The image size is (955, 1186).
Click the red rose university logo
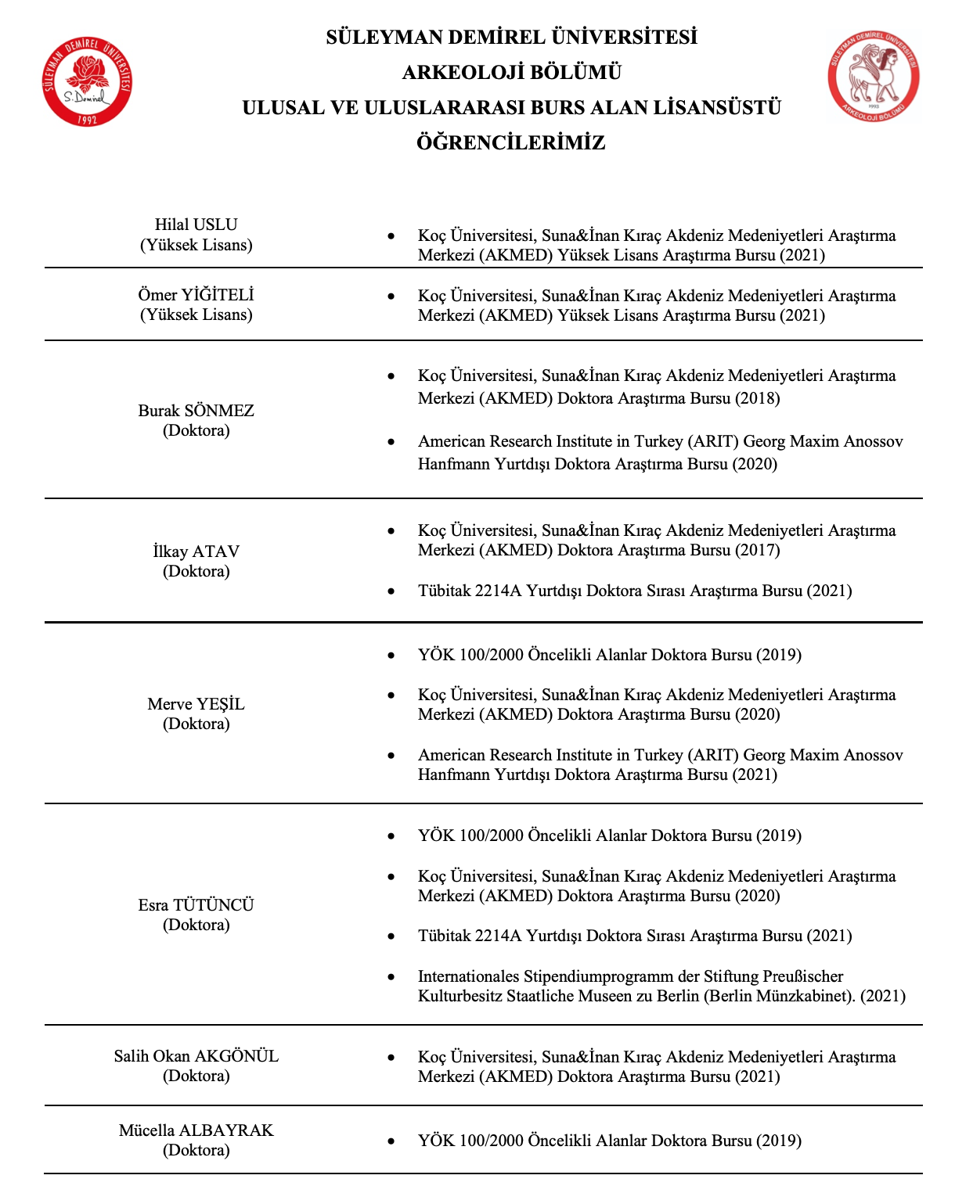[86, 81]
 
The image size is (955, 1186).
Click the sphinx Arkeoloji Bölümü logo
[873, 77]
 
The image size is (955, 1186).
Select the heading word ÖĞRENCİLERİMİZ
[511, 143]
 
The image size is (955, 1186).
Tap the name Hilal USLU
[196, 225]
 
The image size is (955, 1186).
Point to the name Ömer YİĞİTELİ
[196, 295]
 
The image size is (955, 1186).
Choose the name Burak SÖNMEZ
[196, 411]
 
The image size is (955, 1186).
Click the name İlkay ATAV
[196, 552]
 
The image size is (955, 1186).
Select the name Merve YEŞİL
[196, 704]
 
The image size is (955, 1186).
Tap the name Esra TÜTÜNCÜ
[196, 905]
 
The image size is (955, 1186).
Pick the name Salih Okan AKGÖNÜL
[196, 1056]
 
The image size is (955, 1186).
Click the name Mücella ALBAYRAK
[196, 1130]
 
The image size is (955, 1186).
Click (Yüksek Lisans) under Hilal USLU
[196, 245]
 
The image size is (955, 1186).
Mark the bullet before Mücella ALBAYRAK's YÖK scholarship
[391, 1141]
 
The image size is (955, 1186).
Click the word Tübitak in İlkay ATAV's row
[444, 591]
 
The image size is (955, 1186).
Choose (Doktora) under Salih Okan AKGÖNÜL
[196, 1076]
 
